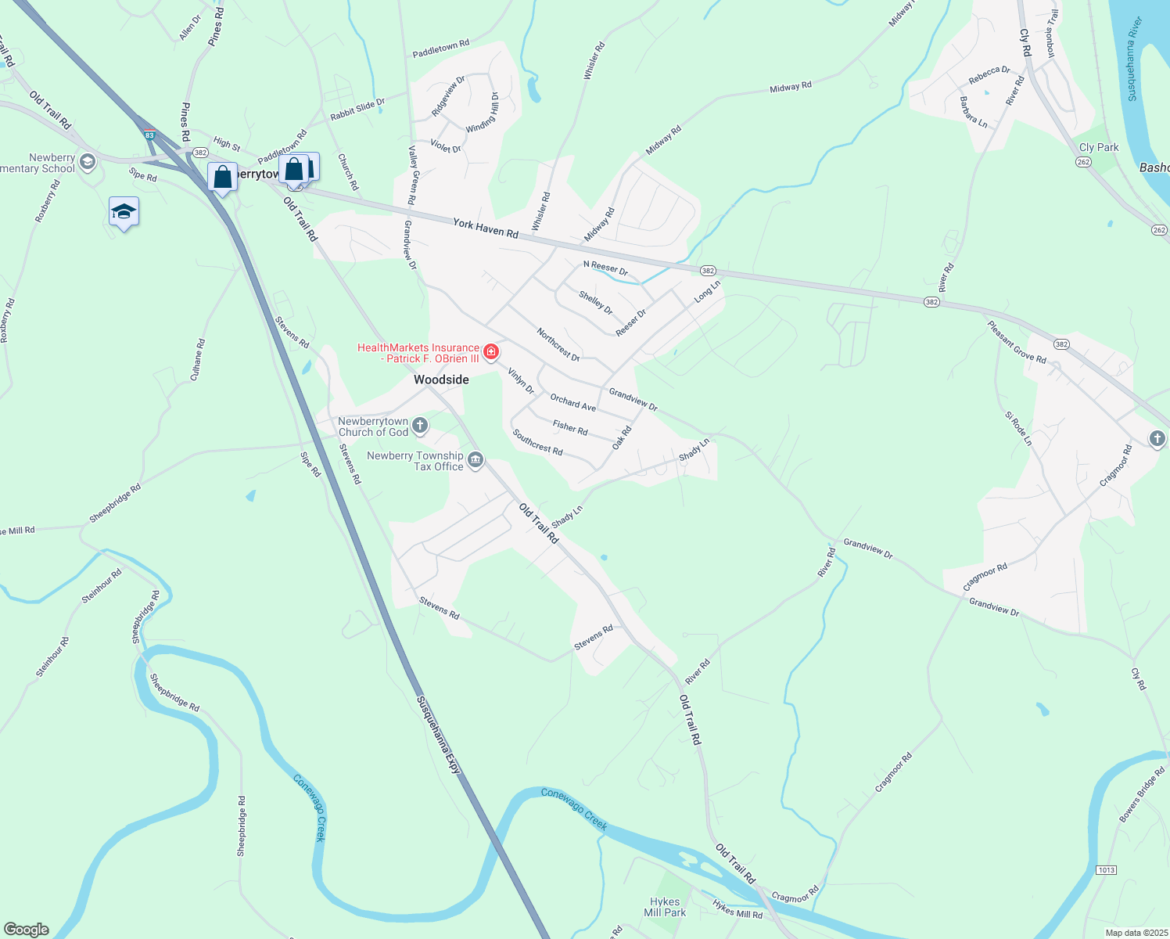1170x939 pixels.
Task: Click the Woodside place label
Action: [x=441, y=380]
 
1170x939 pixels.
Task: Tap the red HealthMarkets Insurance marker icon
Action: [x=491, y=352]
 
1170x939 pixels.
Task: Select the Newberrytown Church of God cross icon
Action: [x=420, y=426]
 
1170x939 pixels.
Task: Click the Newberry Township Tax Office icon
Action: [x=476, y=459]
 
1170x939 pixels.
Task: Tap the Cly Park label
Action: [x=1099, y=147]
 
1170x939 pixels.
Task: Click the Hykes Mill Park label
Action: [x=665, y=907]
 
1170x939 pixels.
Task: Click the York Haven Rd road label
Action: [x=486, y=228]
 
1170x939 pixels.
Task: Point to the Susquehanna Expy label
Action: [x=439, y=735]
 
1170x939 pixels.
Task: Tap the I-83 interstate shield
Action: [x=149, y=135]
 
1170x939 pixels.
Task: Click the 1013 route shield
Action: [x=1106, y=870]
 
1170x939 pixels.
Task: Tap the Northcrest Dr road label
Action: [x=558, y=344]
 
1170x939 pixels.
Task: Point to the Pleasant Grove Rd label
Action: [x=1016, y=342]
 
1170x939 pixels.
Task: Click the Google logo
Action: [x=27, y=929]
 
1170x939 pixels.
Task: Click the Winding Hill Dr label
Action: [x=483, y=113]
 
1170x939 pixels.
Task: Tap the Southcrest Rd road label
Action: [x=537, y=441]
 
